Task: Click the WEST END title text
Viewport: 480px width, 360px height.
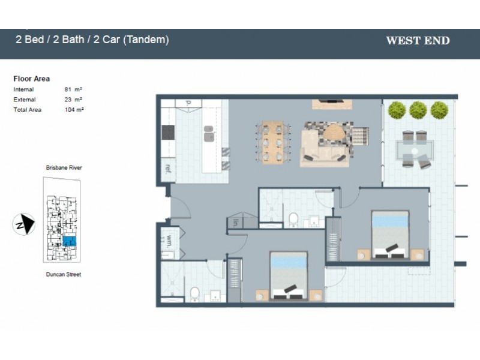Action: point(418,41)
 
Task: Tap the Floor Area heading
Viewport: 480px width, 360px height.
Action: point(31,79)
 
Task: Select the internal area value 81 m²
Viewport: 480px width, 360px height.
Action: point(73,89)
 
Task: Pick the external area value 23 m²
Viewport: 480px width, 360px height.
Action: point(73,100)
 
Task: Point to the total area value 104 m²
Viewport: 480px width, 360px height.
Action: point(74,110)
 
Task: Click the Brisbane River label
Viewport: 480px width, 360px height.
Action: point(64,168)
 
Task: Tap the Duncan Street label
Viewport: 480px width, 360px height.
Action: point(64,274)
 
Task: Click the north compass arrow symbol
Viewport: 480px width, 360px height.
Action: point(24,225)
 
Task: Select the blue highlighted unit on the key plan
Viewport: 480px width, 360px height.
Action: point(69,241)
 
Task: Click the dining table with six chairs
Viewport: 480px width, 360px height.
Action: point(272,142)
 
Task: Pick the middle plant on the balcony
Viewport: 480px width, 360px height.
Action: point(418,110)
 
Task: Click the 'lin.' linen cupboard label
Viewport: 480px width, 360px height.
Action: point(236,222)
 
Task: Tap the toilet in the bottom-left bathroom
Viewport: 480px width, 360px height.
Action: point(194,294)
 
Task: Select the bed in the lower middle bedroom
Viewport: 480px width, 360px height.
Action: point(288,275)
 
